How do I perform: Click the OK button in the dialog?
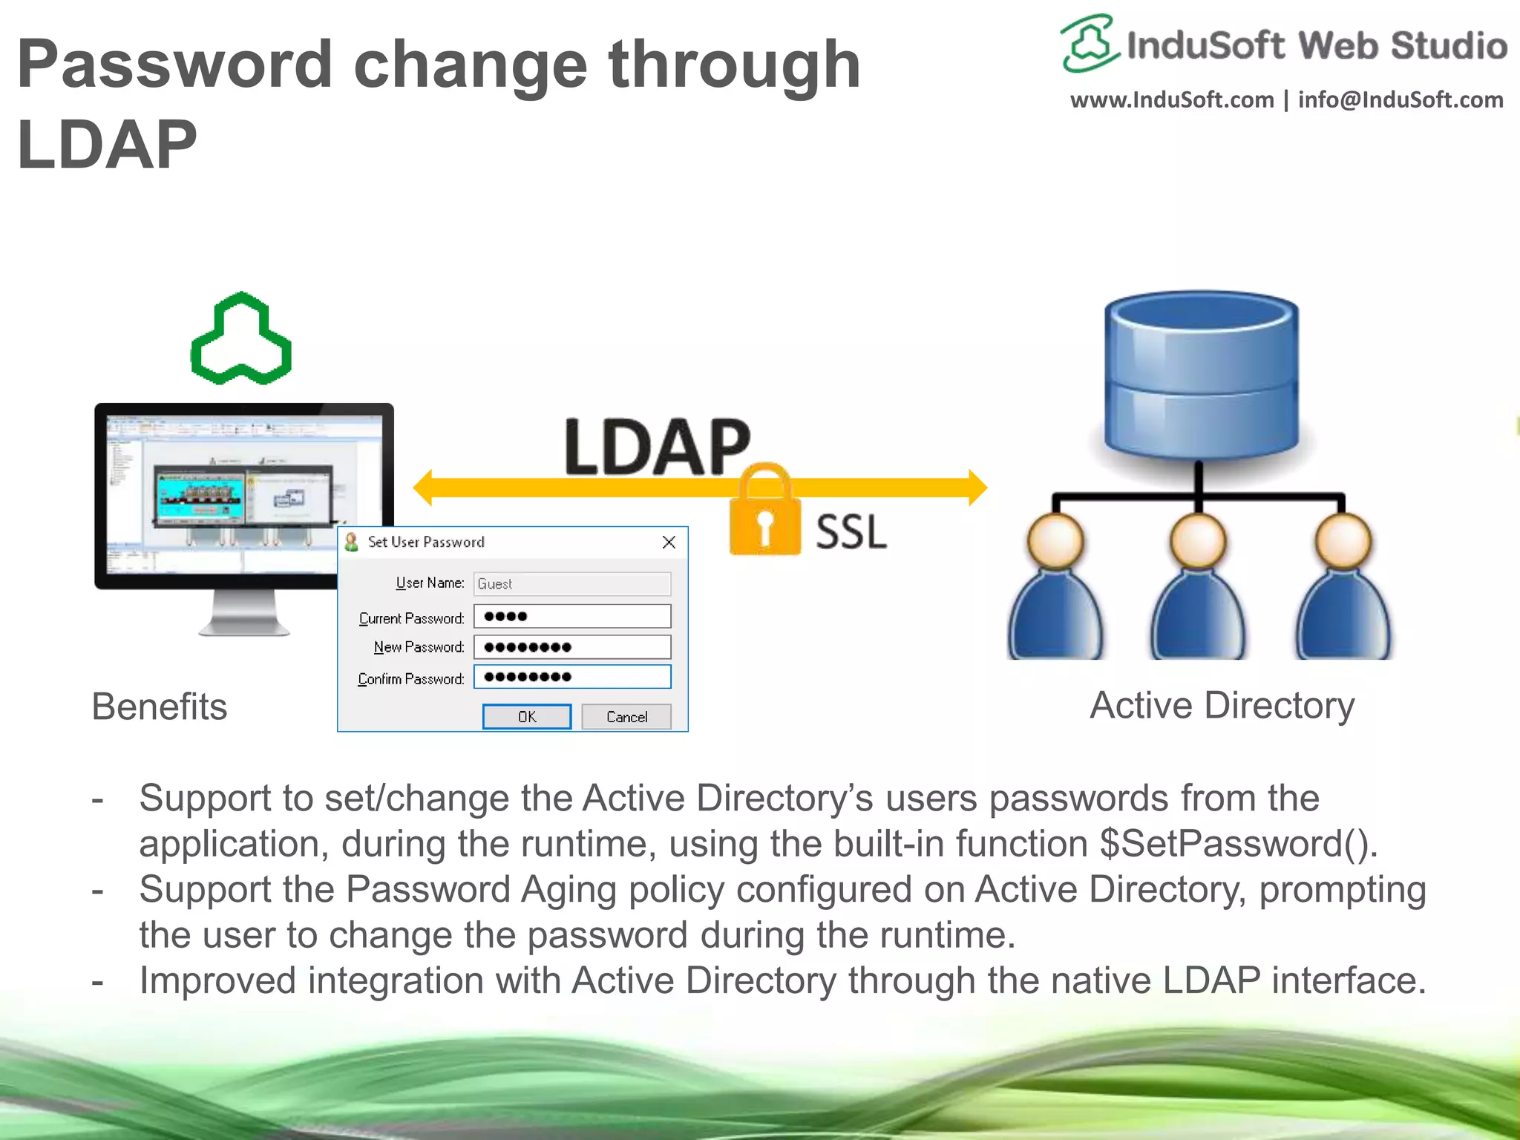(526, 716)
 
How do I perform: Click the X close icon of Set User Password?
(669, 543)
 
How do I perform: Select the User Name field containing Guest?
(571, 584)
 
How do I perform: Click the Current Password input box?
(571, 617)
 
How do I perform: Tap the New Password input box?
(571, 647)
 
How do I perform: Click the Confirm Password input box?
(571, 677)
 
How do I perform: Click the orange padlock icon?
(764, 516)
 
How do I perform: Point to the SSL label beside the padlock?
(851, 532)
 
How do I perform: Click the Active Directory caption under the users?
(1222, 705)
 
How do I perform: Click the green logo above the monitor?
(241, 340)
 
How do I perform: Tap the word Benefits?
(159, 707)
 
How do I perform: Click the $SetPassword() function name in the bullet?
(1237, 844)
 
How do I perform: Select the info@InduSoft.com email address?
(1400, 99)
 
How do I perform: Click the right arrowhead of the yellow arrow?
(977, 488)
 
